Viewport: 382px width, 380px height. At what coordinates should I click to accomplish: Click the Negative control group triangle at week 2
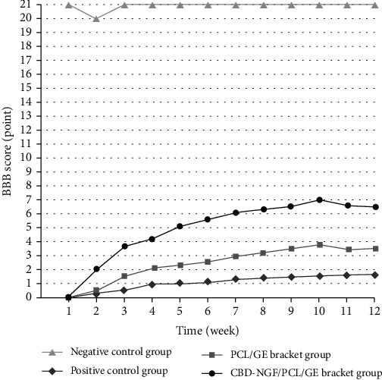(x=96, y=18)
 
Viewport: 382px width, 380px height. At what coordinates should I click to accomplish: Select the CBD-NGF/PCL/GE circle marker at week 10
(x=320, y=199)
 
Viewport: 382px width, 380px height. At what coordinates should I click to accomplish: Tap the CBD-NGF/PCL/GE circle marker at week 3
(x=124, y=246)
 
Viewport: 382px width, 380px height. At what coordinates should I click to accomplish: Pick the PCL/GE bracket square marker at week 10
(x=320, y=244)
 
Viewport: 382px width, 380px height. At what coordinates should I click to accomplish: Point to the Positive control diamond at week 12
(x=375, y=275)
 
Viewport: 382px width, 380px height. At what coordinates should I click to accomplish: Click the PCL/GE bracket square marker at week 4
(x=152, y=268)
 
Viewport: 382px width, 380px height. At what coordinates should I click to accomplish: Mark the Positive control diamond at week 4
(x=152, y=284)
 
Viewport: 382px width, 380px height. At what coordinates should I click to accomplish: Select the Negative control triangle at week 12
(x=375, y=5)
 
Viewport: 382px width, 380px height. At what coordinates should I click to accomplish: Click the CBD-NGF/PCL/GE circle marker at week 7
(x=236, y=213)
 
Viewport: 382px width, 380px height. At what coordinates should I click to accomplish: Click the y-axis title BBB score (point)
(x=9, y=152)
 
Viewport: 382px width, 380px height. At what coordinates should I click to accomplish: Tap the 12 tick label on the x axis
(x=375, y=311)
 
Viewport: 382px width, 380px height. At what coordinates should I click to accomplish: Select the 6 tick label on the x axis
(x=208, y=311)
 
